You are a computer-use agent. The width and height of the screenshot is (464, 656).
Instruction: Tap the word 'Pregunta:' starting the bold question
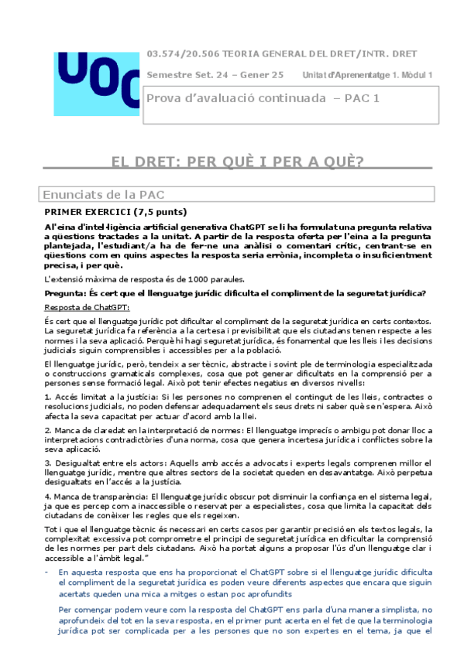pyautogui.click(x=67, y=292)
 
